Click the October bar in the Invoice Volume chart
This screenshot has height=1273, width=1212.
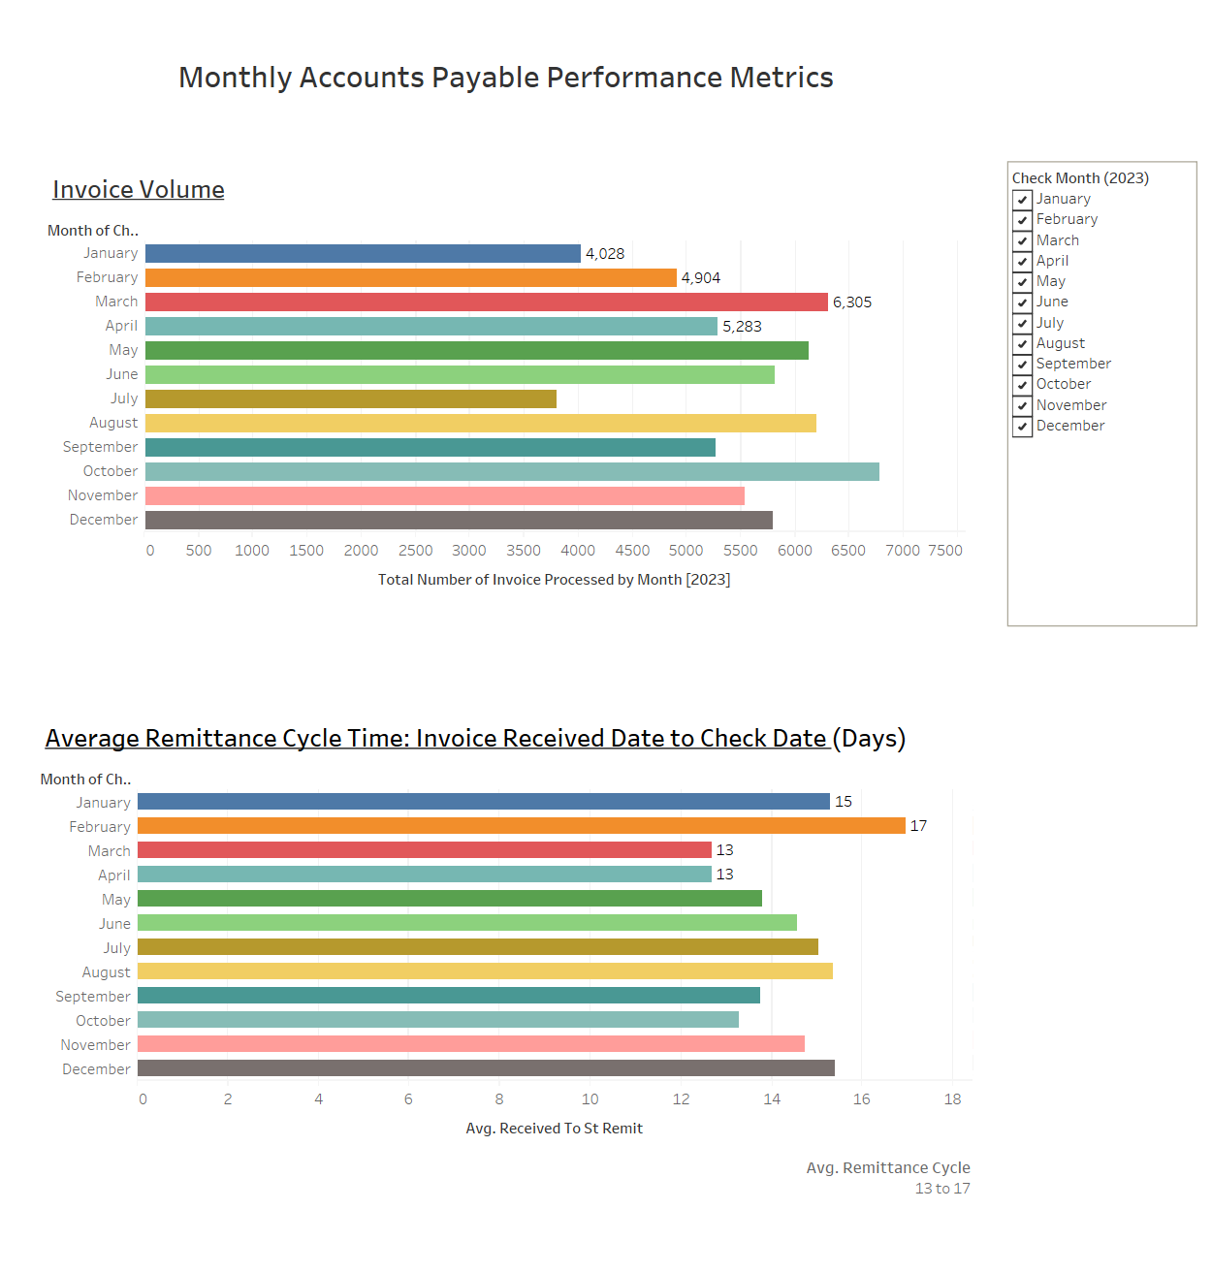click(512, 471)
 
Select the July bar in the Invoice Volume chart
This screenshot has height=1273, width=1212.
click(351, 398)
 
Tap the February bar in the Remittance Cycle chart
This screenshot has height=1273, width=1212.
click(521, 826)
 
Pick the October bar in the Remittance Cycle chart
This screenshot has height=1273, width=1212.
click(437, 1020)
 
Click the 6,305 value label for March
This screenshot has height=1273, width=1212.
click(852, 302)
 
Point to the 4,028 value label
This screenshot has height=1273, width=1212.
click(605, 254)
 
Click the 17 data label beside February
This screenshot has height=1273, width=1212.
click(918, 826)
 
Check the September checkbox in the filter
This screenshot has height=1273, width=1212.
click(1022, 365)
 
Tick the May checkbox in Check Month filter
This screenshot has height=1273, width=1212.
click(1022, 282)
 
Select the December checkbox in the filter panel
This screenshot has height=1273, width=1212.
click(1022, 427)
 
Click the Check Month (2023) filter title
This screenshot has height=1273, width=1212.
click(1080, 178)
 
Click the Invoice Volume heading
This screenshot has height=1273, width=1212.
click(139, 190)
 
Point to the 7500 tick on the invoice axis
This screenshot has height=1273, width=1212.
click(945, 551)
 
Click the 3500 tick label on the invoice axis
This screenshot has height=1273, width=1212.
click(524, 551)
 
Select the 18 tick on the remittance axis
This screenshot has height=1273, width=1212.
click(952, 1099)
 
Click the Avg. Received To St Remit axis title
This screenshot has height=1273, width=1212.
click(554, 1129)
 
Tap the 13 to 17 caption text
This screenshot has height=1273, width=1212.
click(941, 1189)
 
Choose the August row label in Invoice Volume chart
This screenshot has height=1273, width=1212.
click(113, 423)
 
